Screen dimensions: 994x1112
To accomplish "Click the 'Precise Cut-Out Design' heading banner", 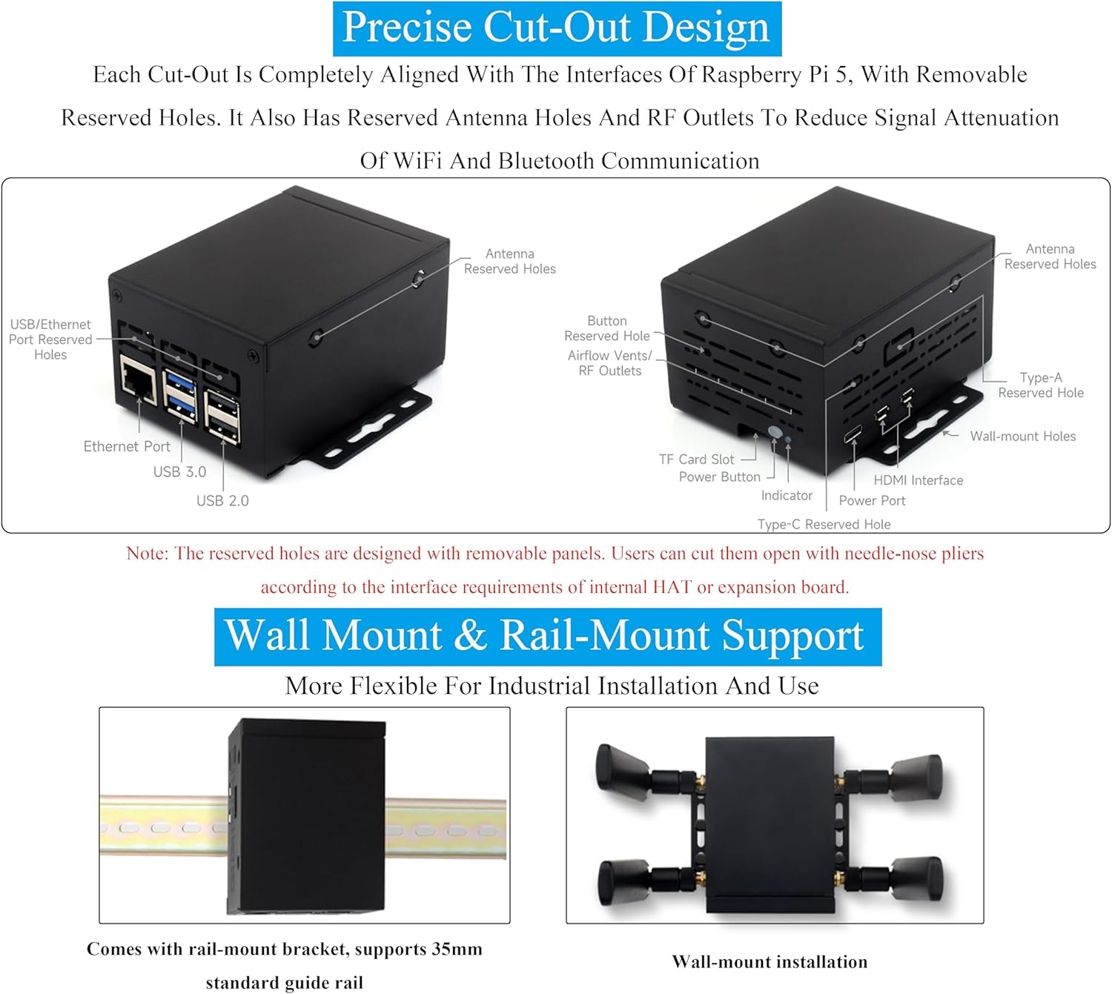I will (x=557, y=28).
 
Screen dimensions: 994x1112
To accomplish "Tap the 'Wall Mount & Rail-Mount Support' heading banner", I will (x=547, y=636).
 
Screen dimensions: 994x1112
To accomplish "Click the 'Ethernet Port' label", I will (x=127, y=446).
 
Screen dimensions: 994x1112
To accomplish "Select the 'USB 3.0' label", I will (x=179, y=471).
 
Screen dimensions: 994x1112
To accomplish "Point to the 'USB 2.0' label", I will (x=222, y=500).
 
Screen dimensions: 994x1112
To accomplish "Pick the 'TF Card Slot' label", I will (x=696, y=460).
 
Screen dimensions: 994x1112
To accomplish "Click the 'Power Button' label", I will (x=719, y=477).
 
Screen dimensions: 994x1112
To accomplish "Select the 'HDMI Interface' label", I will (x=918, y=480).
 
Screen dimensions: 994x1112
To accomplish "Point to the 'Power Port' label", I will (x=872, y=500).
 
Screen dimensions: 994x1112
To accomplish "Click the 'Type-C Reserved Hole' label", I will (x=824, y=524).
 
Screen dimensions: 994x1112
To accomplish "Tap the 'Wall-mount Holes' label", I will (x=1022, y=437).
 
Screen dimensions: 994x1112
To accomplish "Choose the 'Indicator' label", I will (x=787, y=495).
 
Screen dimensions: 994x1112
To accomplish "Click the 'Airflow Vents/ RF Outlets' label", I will (x=609, y=363).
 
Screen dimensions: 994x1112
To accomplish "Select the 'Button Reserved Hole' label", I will (x=606, y=328).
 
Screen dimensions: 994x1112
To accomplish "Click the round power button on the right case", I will (x=775, y=432).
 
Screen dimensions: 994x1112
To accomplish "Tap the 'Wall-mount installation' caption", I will (x=770, y=961).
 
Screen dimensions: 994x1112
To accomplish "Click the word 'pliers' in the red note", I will (x=962, y=554).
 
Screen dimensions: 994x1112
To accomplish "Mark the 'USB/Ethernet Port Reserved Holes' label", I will (x=50, y=339).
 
